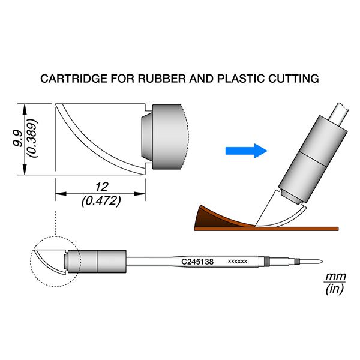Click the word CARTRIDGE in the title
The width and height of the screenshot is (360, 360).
coord(74,79)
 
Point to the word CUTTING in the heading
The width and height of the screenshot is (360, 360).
coord(293,79)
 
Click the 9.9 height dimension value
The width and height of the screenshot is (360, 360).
coord(17,139)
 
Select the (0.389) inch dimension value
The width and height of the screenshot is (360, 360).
coord(32,138)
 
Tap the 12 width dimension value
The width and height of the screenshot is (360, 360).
coord(101,187)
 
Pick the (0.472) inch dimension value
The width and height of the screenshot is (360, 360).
coord(101,201)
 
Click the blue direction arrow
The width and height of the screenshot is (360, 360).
coord(247,151)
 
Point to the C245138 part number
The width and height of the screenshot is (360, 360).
coord(197,262)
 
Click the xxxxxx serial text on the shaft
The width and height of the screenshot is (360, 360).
coord(238,262)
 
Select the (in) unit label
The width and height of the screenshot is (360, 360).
coord(335,289)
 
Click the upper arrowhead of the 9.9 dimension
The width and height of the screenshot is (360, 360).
coord(25,109)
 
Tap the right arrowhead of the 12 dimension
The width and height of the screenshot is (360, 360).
coord(140,194)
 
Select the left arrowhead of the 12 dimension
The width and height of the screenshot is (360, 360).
coord(61,194)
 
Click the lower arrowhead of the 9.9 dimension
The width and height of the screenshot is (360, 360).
coord(25,170)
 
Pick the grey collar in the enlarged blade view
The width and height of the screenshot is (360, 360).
coord(167,137)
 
